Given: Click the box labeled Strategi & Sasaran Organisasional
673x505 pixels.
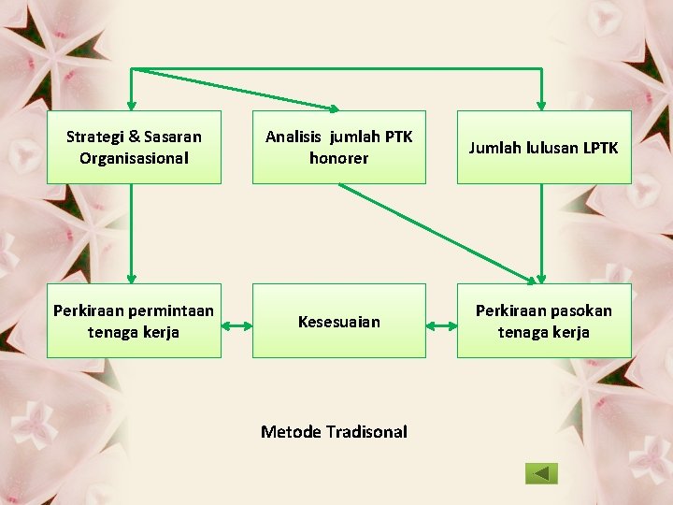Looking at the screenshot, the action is coord(134,147).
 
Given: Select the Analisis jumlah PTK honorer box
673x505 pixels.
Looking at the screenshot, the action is coord(338,147).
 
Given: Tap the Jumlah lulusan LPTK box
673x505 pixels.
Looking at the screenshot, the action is coord(543,147).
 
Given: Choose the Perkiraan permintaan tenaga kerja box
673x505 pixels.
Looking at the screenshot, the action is coord(134,321).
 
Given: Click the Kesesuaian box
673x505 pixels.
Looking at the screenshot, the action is coord(338,321).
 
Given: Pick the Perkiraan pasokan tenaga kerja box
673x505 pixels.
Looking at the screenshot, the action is coord(543,321).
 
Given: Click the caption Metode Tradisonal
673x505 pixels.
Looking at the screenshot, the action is coord(334,431).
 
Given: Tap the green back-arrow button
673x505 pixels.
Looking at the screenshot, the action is coord(541,473).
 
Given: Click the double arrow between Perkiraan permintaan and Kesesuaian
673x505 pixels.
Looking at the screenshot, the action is coord(236,326).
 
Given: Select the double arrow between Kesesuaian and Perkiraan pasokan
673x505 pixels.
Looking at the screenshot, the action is coord(441,326).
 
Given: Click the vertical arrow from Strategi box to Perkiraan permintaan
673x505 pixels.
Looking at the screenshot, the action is coord(131,233).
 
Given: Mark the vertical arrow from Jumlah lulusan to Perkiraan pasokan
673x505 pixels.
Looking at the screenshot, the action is coord(541,233).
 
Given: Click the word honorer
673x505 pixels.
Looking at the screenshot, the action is coord(338,158).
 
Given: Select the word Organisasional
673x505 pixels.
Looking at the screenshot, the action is coord(134,158).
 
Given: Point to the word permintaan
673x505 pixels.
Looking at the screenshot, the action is coord(171,310).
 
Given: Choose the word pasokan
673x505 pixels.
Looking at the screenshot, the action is coord(581,310).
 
